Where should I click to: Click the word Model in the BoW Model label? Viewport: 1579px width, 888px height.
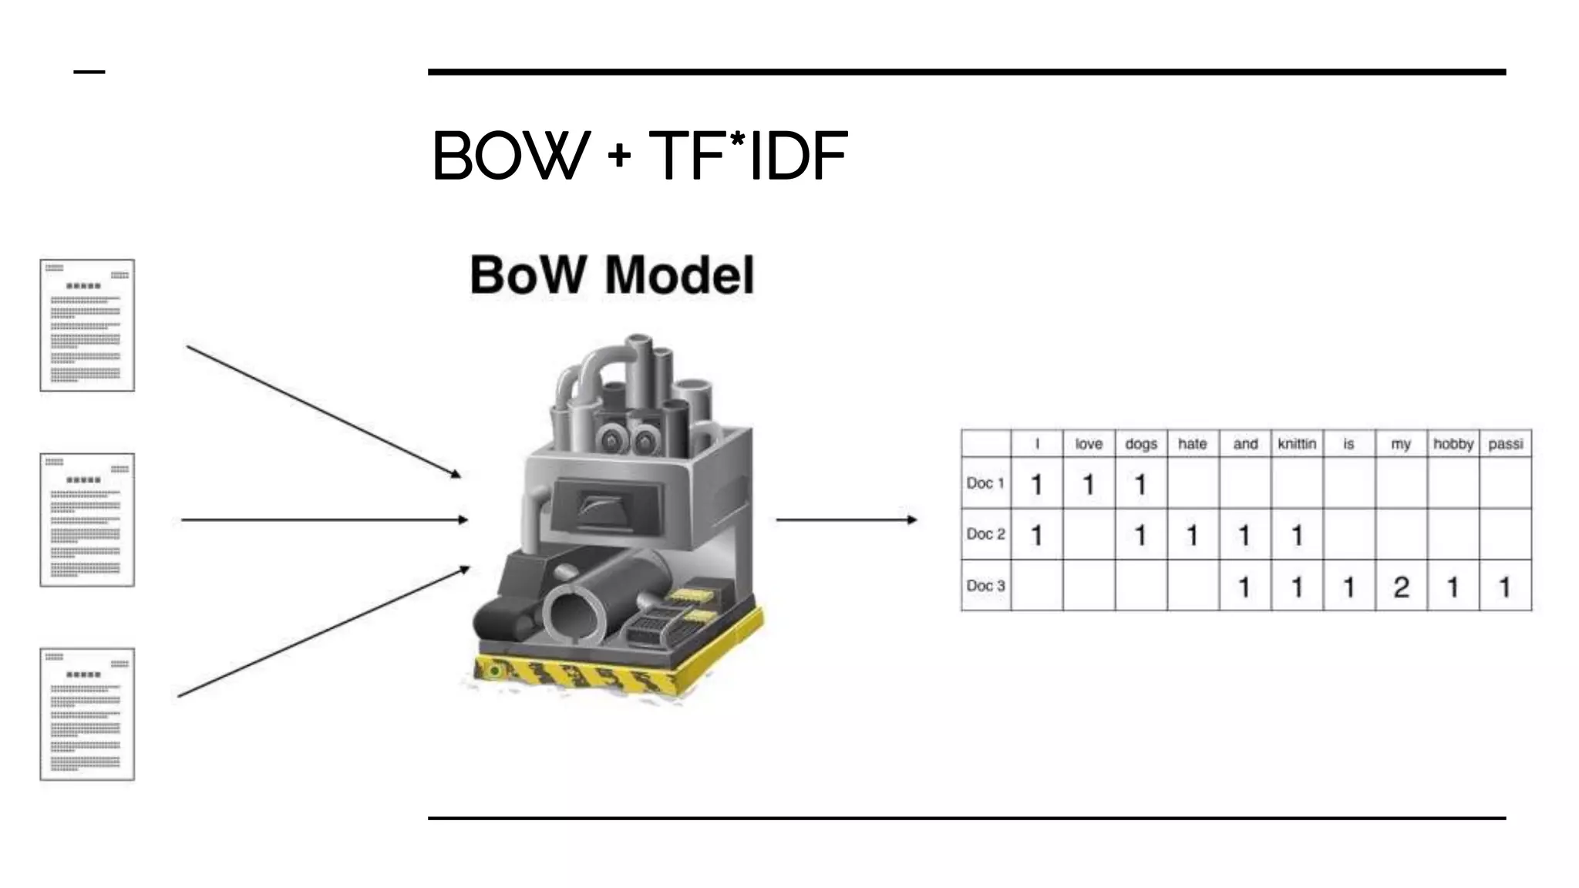point(678,275)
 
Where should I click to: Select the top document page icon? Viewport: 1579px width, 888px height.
point(87,325)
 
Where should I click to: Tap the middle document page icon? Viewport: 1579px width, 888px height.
point(87,520)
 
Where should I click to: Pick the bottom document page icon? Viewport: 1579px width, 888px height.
point(87,714)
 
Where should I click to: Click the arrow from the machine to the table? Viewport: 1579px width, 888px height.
point(846,520)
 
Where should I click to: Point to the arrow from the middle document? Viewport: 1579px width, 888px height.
point(324,520)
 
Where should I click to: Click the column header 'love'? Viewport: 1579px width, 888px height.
point(1089,444)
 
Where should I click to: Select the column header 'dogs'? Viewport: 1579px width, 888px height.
point(1141,444)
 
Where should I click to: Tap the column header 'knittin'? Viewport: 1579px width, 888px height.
point(1297,444)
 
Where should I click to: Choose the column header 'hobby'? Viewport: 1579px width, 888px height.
point(1453,444)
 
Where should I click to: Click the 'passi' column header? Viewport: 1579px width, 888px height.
point(1506,444)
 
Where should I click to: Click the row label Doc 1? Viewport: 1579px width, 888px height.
point(985,483)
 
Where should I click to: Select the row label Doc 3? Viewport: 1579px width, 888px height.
point(985,586)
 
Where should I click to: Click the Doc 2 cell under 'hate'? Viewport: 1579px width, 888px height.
point(1193,535)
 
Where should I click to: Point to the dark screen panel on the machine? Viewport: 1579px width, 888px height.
point(609,504)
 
